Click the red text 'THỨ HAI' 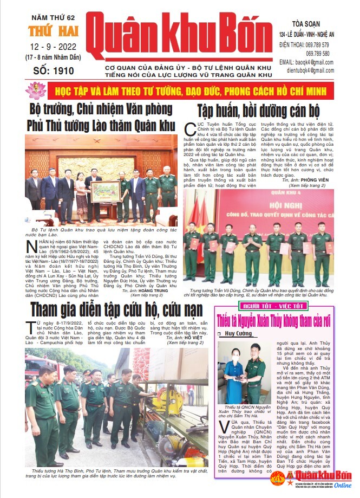click(44, 30)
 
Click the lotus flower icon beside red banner click(36, 89)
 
